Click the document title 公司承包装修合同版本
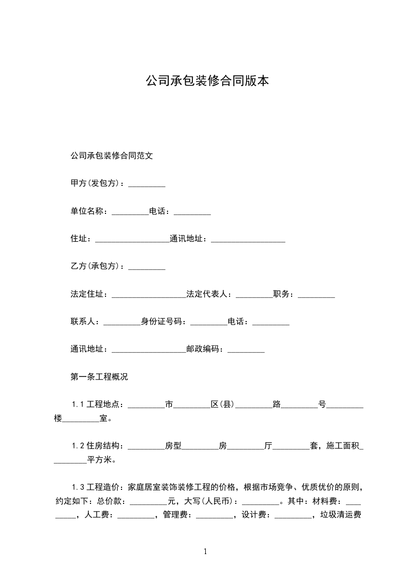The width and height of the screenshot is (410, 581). pyautogui.click(x=207, y=81)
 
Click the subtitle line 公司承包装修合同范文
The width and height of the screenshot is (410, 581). pyautogui.click(x=111, y=155)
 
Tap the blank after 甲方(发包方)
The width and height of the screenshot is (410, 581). pyautogui.click(x=146, y=184)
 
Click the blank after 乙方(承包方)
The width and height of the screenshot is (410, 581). pyautogui.click(x=146, y=267)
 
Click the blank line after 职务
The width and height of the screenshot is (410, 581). pyautogui.click(x=316, y=296)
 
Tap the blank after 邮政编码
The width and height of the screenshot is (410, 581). pyautogui.click(x=246, y=351)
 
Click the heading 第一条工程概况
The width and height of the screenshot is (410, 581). pyautogui.click(x=99, y=377)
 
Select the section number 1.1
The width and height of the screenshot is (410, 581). pyautogui.click(x=78, y=404)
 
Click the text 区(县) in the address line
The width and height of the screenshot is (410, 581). pyautogui.click(x=223, y=404)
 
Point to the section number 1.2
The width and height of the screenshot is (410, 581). pyautogui.click(x=78, y=446)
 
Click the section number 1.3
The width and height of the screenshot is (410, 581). pyautogui.click(x=78, y=487)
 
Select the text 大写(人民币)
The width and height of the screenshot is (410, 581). pyautogui.click(x=208, y=501)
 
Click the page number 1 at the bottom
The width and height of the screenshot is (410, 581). pyautogui.click(x=205, y=551)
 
